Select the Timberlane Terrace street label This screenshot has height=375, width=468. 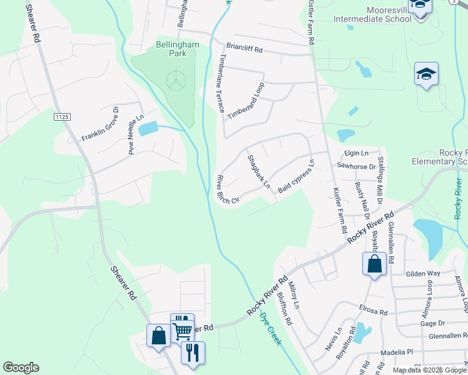(x=220, y=82)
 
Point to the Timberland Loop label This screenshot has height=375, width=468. (x=247, y=101)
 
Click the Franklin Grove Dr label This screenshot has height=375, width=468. (x=100, y=124)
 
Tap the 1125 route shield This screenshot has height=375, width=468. (x=62, y=117)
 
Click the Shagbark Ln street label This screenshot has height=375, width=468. (x=258, y=172)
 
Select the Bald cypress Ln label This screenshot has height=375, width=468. (x=295, y=177)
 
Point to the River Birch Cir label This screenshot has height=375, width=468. (x=228, y=189)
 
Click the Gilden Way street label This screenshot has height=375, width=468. (x=424, y=274)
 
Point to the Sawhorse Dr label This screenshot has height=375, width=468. (x=356, y=166)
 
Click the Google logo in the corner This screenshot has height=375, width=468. (x=21, y=367)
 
